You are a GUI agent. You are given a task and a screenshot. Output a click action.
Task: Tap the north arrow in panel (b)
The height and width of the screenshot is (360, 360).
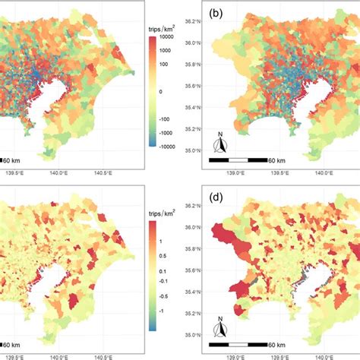(219, 142)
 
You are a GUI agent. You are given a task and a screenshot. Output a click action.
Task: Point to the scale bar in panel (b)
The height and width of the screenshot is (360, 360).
(238, 159)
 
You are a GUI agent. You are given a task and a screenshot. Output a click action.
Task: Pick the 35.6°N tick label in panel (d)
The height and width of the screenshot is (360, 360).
(194, 270)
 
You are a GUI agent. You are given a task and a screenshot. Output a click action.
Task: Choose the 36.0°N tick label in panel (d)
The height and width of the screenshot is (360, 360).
(194, 226)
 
